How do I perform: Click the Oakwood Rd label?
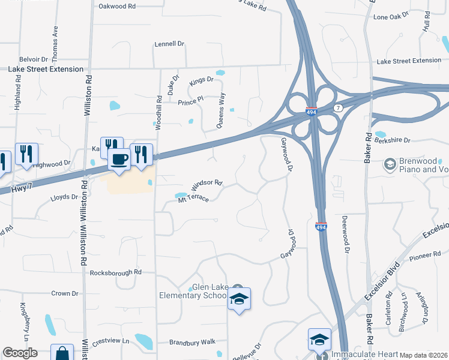[117, 6]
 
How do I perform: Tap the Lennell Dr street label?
[169, 44]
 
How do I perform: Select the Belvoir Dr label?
[33, 59]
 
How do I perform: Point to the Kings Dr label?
[202, 80]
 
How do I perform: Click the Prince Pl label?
[191, 103]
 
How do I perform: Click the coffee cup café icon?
[118, 159]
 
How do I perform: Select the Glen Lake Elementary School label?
[193, 291]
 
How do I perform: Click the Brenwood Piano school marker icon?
[390, 163]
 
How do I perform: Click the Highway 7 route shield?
[339, 107]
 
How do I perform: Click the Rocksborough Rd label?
[115, 272]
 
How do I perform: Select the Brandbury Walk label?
[191, 341]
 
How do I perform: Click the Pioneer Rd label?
[409, 256]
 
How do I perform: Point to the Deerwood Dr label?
[345, 234]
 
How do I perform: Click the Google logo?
[20, 353]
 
